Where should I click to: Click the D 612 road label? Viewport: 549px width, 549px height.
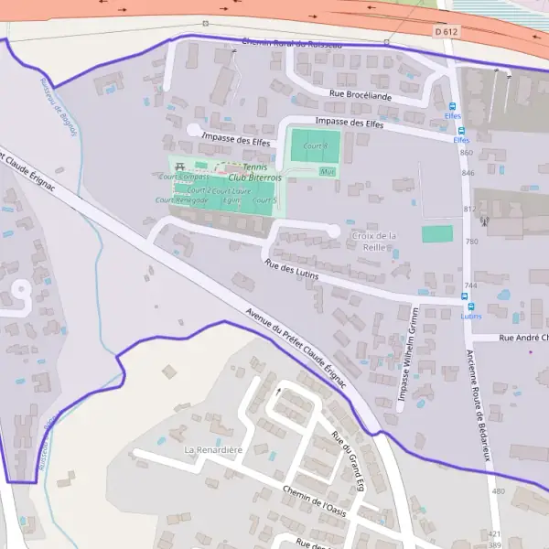click(446, 32)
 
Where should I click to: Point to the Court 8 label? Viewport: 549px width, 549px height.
click(316, 145)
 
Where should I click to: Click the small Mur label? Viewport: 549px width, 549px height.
click(328, 171)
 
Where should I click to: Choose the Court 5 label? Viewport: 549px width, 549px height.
click(265, 200)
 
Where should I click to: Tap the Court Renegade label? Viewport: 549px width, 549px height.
click(182, 199)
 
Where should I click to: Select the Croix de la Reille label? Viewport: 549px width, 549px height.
click(373, 241)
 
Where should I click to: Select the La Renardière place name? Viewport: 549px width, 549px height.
click(213, 450)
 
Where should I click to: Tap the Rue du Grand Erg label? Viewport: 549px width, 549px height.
click(348, 461)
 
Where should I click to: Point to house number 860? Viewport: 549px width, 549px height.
click(467, 153)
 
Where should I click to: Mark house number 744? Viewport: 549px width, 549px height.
click(470, 285)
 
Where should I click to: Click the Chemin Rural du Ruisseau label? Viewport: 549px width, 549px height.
click(291, 43)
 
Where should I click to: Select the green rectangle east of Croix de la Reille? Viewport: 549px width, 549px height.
click(436, 234)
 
